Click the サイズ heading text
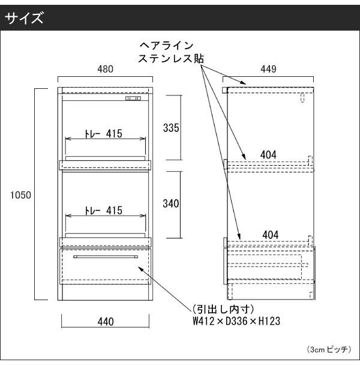pos(24,18)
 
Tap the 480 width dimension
pos(105,69)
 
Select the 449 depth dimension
pos(268,69)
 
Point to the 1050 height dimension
pos(21,195)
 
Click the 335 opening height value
pos(171,128)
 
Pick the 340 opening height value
pos(171,204)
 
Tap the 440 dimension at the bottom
pos(106,322)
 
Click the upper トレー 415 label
pos(103,134)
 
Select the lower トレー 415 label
pos(103,211)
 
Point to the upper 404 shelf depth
pos(268,155)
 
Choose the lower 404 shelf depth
pos(271,235)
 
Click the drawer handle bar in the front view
pos(106,257)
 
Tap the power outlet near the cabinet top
pos(133,98)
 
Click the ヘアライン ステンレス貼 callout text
pos(171,52)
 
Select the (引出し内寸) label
pos(223,309)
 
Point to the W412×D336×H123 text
pos(236,321)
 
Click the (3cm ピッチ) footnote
pos(329,349)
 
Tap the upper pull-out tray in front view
pos(105,165)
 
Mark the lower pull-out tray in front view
pos(105,242)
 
